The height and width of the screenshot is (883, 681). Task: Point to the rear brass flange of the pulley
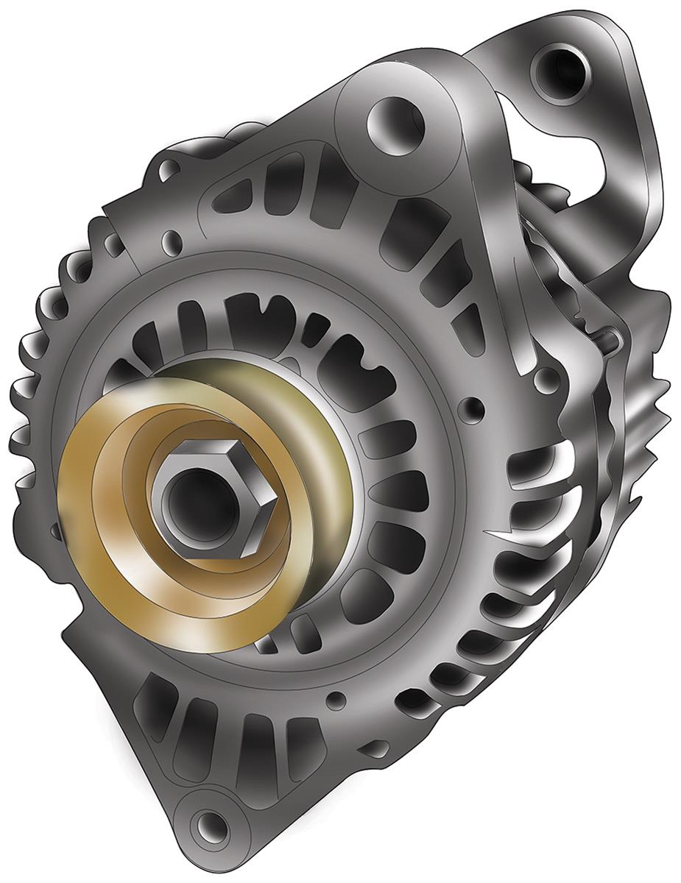(x=309, y=412)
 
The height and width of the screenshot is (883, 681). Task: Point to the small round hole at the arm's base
(x=545, y=379)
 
